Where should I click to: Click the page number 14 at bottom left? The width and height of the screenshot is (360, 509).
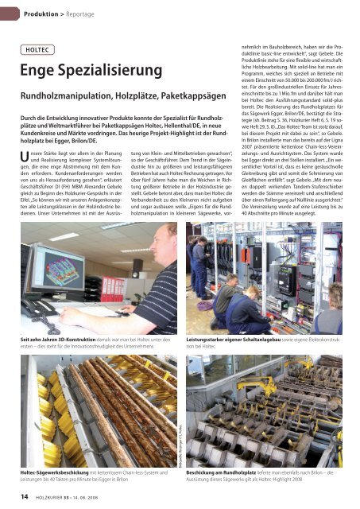click(25, 497)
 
